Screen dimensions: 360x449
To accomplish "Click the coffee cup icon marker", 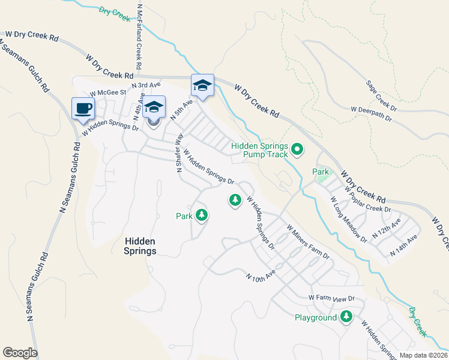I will (83, 109).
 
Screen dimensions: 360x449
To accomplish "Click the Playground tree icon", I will (346, 317).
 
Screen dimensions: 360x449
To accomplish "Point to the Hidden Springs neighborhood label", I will (140, 246).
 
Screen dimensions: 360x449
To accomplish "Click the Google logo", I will (20, 353).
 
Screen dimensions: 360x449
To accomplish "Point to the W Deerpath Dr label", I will (371, 114).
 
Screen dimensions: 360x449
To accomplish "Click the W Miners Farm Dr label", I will (308, 242).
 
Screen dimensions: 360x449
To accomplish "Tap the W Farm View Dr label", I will (332, 298).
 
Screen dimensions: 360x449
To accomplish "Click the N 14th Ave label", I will (403, 247).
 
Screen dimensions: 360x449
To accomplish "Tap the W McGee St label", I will (107, 93).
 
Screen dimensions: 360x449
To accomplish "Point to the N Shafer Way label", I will (178, 153).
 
